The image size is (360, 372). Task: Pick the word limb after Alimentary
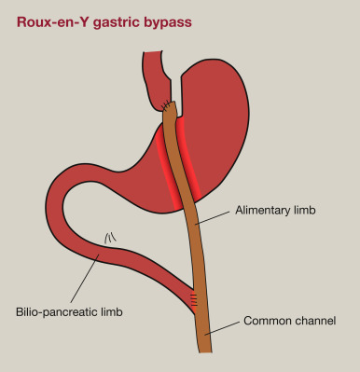click(x=302, y=212)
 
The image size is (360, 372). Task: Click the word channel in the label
click(x=314, y=321)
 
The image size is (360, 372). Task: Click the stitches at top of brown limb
click(x=167, y=105)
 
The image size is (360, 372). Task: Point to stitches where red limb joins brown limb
click(x=194, y=299)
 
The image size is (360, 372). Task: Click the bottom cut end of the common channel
click(x=204, y=351)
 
